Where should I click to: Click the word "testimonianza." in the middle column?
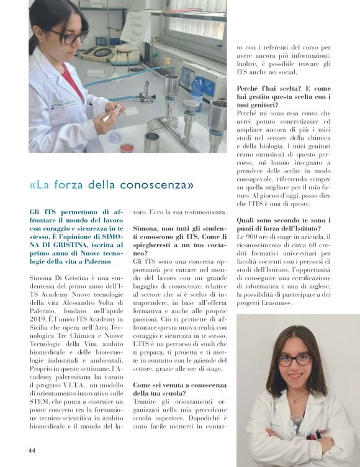193,211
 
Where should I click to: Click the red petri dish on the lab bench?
127,147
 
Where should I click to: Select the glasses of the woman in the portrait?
294,360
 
